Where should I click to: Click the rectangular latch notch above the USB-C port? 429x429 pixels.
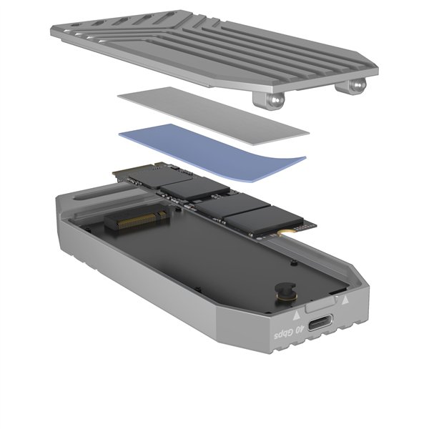[x=320, y=308]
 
